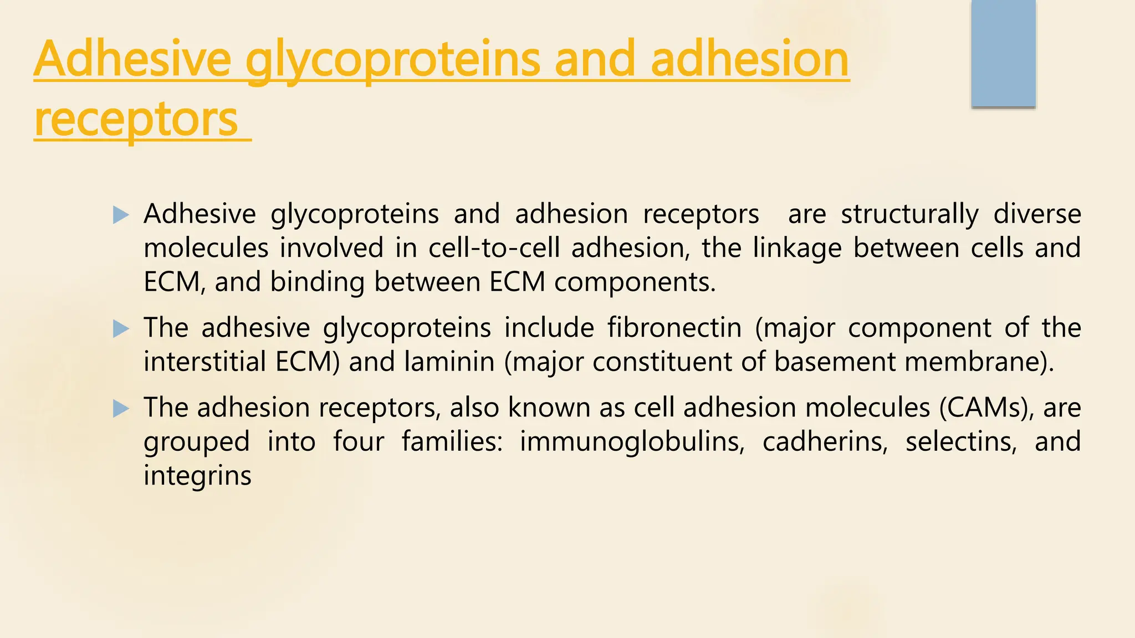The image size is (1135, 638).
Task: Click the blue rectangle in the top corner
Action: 1003,54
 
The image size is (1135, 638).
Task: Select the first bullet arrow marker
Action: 120,215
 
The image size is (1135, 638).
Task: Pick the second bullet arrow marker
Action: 120,329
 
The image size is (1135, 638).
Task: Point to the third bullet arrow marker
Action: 120,409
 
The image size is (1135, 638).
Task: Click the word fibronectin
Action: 674,327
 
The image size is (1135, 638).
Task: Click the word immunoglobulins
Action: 632,441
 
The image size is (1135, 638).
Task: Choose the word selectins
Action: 961,441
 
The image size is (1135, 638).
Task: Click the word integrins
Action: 197,476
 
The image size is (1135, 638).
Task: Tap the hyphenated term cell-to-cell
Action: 494,248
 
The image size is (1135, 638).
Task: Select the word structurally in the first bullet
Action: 909,214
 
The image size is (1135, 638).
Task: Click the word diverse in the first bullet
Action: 1037,214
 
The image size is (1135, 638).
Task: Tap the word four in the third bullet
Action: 358,441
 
